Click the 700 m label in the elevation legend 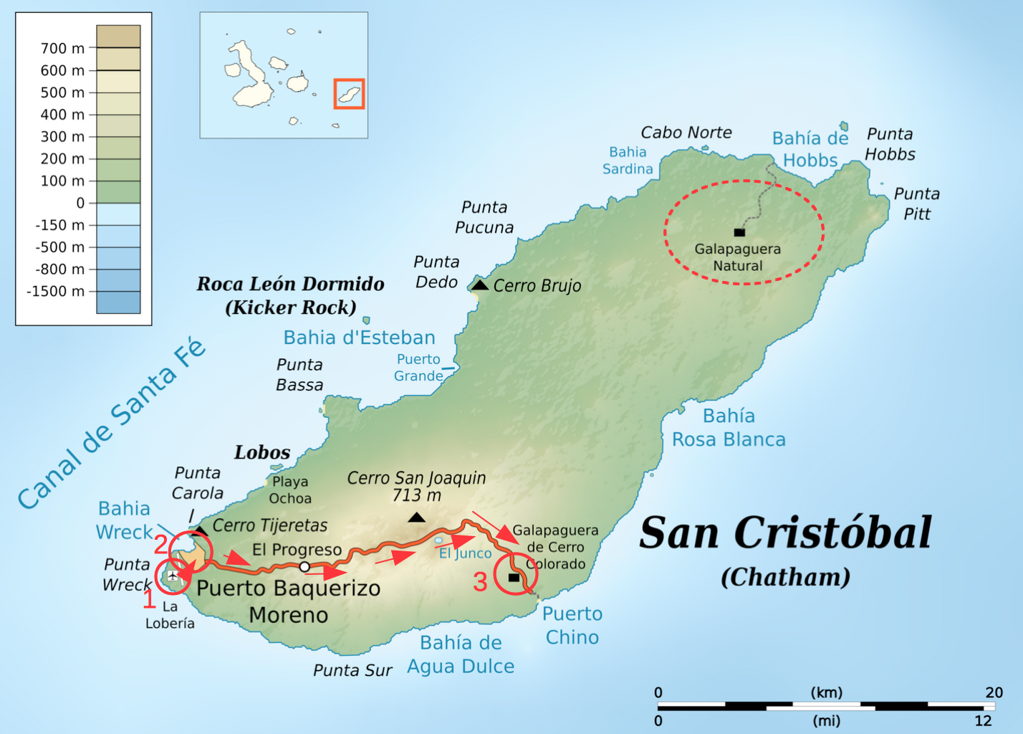[x=62, y=49]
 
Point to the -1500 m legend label [x=55, y=292]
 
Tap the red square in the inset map [x=349, y=94]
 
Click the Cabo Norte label [x=686, y=133]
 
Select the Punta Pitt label [x=916, y=204]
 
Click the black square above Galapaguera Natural [x=739, y=232]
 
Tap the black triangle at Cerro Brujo [x=479, y=285]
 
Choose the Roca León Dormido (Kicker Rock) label [x=290, y=295]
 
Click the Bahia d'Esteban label [x=359, y=338]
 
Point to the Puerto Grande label [x=418, y=367]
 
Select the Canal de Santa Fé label [x=112, y=423]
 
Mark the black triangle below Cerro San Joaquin [x=416, y=518]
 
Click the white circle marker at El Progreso [x=304, y=567]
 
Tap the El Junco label [x=465, y=553]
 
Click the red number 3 [x=480, y=581]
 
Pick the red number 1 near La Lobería [x=149, y=599]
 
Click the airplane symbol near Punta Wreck [x=173, y=576]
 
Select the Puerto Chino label [x=572, y=625]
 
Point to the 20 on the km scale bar [x=994, y=692]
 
